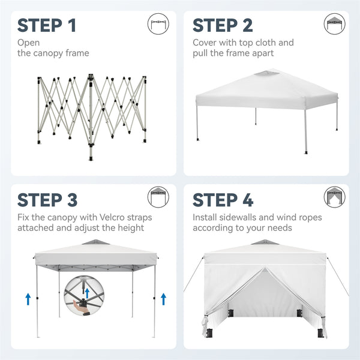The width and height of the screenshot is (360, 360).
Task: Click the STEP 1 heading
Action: click(47, 25)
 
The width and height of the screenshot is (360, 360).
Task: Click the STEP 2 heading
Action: click(223, 25)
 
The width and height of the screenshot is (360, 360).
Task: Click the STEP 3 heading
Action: click(47, 199)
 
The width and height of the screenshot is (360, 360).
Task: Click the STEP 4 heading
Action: click(223, 199)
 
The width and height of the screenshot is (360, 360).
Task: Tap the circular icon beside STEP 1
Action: click(158, 23)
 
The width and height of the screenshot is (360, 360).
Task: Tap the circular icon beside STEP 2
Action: click(335, 23)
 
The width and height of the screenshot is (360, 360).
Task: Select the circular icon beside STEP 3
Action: click(158, 197)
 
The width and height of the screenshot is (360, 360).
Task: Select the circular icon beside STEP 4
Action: click(335, 197)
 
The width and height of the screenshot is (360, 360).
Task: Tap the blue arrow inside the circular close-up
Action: click(87, 292)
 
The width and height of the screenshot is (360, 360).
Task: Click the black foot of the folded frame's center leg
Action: click(91, 160)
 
